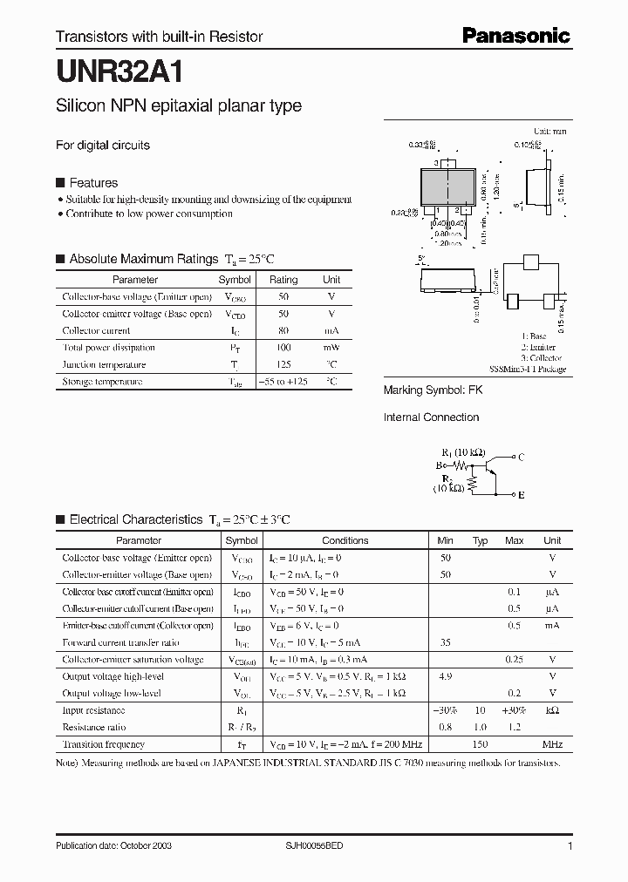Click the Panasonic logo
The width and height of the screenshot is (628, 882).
coord(515,36)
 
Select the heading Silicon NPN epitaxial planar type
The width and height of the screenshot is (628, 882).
coord(179,106)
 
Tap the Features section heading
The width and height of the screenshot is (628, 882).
coord(93,183)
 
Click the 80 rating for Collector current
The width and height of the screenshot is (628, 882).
coord(283,330)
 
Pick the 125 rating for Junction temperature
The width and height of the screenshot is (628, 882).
coord(283,364)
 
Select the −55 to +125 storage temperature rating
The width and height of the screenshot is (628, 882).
coord(283,382)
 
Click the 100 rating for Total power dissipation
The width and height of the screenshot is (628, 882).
coord(283,348)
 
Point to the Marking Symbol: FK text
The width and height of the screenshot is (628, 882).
coord(433,390)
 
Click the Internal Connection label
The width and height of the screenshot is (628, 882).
coord(431,417)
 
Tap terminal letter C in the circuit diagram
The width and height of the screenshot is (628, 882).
coord(521,457)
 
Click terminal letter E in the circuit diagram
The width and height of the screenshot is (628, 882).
coord(521,495)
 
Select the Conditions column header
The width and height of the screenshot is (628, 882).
coord(345,540)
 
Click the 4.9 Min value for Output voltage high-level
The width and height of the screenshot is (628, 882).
coord(445,675)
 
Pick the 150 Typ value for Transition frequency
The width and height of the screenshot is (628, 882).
coord(480,744)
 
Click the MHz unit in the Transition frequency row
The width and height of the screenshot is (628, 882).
coord(552,744)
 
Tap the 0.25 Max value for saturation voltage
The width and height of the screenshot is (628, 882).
coord(514,660)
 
